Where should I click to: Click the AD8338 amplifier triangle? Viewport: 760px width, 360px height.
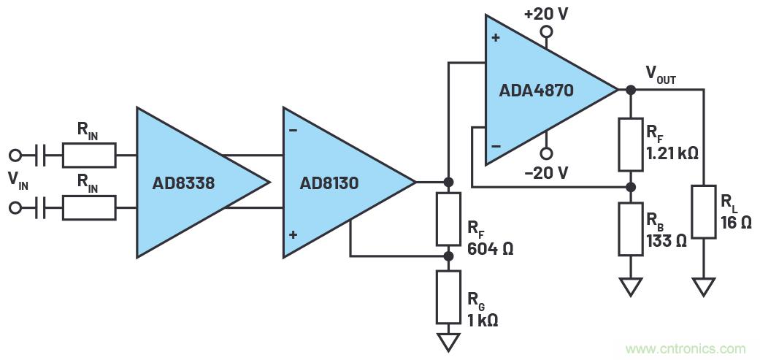(x=190, y=183)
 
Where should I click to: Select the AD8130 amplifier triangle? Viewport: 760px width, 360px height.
(x=336, y=183)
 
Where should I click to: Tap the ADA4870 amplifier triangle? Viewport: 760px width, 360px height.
(x=540, y=90)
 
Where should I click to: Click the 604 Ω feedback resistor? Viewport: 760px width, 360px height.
(x=448, y=219)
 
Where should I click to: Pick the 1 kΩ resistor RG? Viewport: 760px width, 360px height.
(x=448, y=296)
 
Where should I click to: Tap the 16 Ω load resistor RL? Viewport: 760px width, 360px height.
(x=704, y=212)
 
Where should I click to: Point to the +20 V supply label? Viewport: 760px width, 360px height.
(x=545, y=13)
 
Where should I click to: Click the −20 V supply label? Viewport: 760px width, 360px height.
(x=545, y=173)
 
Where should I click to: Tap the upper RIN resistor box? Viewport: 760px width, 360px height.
(x=88, y=155)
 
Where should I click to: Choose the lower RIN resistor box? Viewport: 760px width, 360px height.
(x=88, y=209)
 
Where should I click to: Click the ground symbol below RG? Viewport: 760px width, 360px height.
(x=448, y=341)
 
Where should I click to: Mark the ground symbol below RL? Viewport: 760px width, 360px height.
(x=704, y=287)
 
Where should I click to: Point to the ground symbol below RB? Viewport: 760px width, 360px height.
(x=630, y=287)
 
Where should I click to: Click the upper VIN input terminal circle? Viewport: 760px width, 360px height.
(x=15, y=155)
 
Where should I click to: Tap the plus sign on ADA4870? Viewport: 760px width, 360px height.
(x=496, y=37)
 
